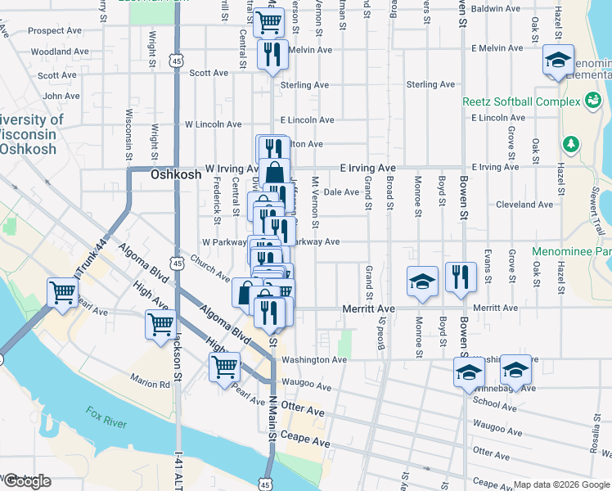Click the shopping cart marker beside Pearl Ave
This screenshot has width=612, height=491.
click(62, 292)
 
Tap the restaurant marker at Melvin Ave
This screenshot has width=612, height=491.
click(270, 55)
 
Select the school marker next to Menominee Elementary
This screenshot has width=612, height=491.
click(558, 61)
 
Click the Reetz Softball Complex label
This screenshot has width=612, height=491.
click(520, 101)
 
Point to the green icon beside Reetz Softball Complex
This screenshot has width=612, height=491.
click(592, 101)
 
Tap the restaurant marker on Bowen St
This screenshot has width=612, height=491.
click(461, 278)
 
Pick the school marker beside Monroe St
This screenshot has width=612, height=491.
click(422, 281)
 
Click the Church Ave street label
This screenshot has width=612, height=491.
click(210, 272)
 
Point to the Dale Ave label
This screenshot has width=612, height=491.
click(341, 192)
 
